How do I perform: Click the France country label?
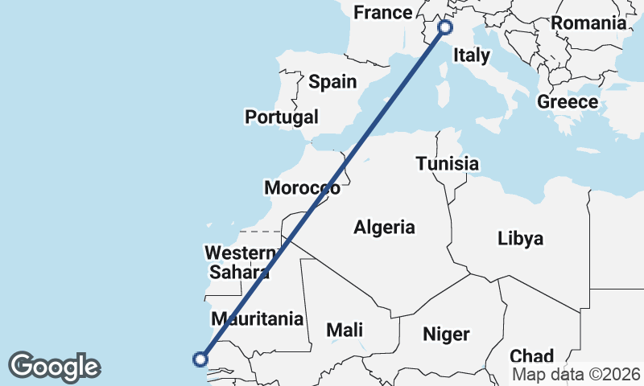(x=382, y=13)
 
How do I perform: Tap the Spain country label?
(x=332, y=81)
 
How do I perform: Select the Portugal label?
(x=282, y=117)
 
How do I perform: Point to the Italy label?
(x=472, y=55)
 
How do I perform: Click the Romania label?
(x=588, y=23)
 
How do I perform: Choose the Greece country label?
(x=568, y=102)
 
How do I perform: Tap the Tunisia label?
(x=448, y=164)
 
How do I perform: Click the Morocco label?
(x=302, y=188)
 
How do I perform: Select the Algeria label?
(x=384, y=228)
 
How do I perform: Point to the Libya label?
(x=520, y=239)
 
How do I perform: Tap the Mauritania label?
(x=257, y=318)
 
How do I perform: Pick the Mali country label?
(x=345, y=330)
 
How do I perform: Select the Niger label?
(x=448, y=333)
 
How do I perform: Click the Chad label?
(x=531, y=355)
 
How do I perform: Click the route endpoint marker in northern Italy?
(x=445, y=27)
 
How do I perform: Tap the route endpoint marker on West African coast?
(x=200, y=359)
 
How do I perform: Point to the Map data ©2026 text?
(x=576, y=375)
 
